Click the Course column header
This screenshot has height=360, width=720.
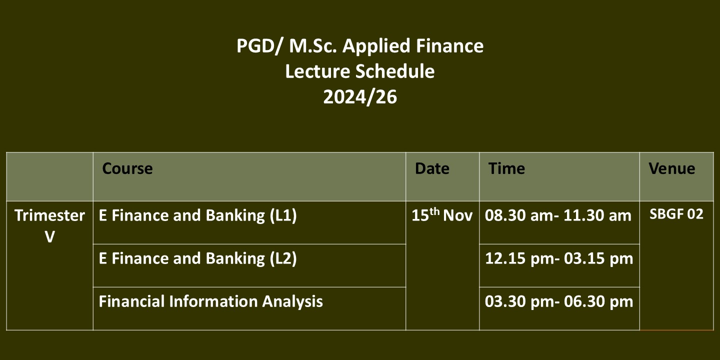(127, 168)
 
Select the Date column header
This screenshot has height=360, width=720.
(432, 168)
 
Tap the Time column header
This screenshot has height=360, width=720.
(506, 168)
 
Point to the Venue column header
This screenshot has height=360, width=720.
(672, 168)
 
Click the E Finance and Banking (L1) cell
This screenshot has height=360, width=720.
(197, 215)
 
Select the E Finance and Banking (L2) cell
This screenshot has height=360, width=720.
(197, 258)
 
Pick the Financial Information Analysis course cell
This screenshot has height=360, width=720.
(211, 301)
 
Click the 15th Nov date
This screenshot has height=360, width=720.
(442, 214)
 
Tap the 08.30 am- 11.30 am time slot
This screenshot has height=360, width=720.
(558, 215)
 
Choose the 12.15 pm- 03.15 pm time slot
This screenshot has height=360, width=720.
(559, 258)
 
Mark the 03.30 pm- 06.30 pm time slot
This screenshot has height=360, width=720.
(559, 301)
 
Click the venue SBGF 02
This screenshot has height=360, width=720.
(676, 214)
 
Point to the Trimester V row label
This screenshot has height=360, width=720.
(50, 226)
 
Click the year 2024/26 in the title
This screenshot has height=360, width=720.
(360, 97)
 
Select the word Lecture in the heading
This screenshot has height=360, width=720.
(317, 71)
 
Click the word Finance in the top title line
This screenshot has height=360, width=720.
(449, 45)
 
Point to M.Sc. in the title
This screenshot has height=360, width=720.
(313, 45)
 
